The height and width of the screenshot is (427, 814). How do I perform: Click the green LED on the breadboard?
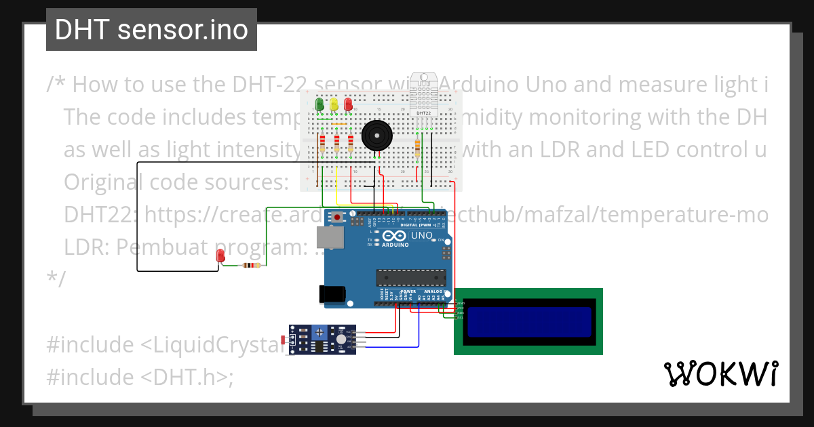[x=319, y=104]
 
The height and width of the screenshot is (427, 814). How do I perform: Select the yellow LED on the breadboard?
[x=334, y=104]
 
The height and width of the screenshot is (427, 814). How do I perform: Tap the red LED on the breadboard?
[x=349, y=104]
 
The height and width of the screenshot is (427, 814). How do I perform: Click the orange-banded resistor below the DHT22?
[x=416, y=144]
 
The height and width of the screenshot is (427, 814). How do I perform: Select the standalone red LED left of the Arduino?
[x=220, y=256]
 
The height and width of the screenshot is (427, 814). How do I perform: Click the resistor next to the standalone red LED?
[x=252, y=265]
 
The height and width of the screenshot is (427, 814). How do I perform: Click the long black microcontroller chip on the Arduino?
[x=411, y=278]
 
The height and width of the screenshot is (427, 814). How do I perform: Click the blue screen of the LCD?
[x=528, y=322]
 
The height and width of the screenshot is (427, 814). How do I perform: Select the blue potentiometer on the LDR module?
[x=319, y=332]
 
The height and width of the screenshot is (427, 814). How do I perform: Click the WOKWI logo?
[x=720, y=373]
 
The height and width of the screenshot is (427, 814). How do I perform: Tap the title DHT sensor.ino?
[x=151, y=30]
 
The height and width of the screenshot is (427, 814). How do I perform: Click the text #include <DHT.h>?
[x=140, y=377]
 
